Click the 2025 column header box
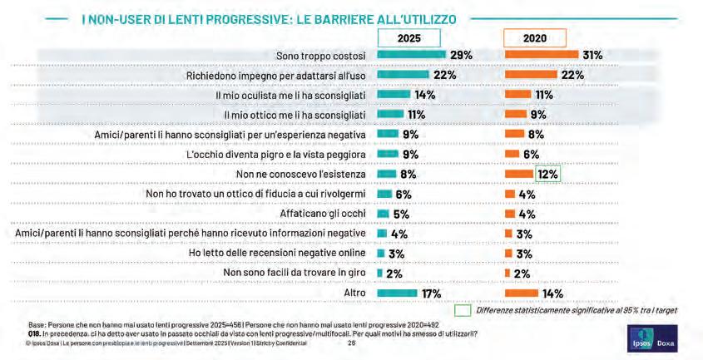409,38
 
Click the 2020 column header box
535,38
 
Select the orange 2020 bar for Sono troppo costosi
542,55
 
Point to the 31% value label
592,55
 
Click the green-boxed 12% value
548,174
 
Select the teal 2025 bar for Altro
397,293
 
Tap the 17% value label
430,293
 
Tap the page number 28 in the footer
352,342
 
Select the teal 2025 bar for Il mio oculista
394,94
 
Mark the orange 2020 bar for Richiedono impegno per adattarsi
531,75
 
